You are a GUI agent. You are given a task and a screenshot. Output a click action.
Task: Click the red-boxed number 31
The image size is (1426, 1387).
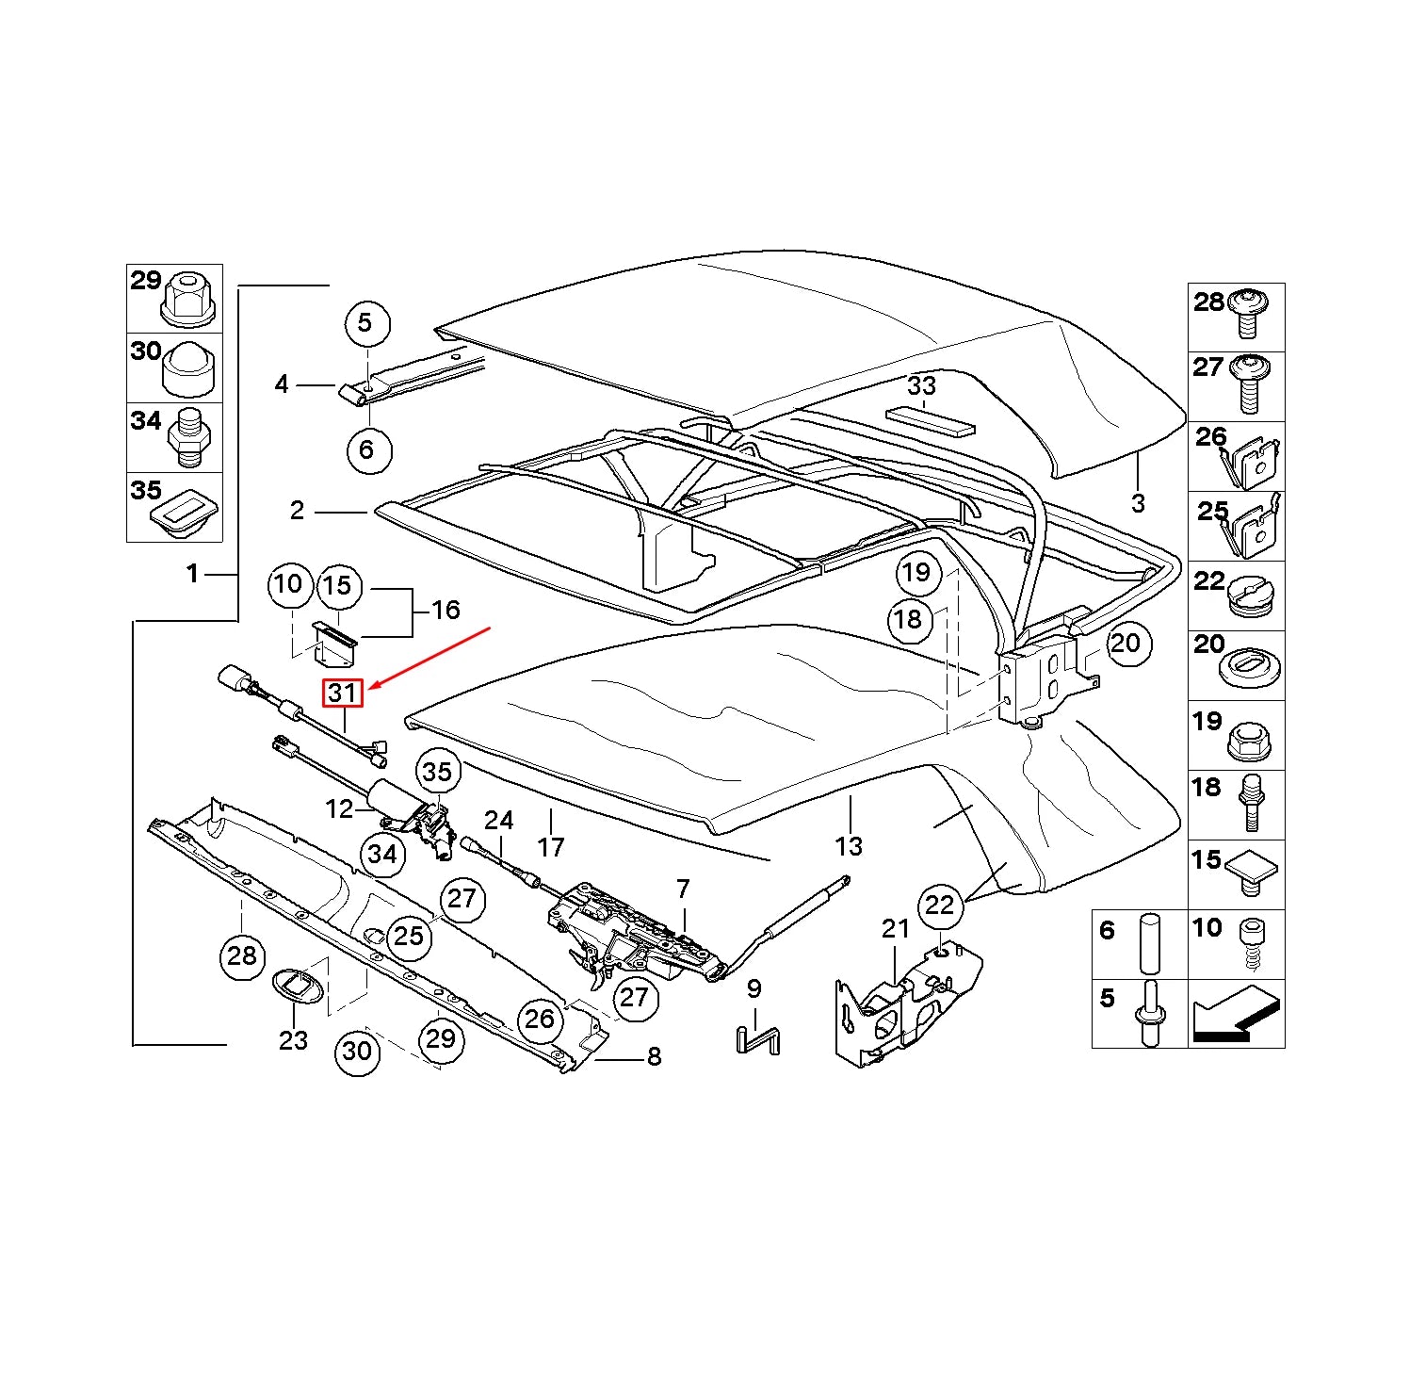point(342,693)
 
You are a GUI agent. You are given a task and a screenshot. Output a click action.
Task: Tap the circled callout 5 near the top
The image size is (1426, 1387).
point(365,323)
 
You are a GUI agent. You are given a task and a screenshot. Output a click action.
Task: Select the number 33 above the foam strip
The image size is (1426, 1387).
point(921,385)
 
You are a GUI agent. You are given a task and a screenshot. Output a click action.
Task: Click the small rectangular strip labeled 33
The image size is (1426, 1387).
point(930,420)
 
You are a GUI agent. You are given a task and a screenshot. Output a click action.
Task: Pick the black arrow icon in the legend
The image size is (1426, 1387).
point(1236,1016)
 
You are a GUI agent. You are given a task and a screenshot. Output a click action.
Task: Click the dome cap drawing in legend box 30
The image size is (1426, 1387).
point(188,370)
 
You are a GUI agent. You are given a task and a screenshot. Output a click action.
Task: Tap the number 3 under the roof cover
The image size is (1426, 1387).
point(1138,503)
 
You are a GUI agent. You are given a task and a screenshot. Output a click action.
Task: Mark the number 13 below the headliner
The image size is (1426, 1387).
point(849,846)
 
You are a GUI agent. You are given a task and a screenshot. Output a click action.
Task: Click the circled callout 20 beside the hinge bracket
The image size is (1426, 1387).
point(1125,644)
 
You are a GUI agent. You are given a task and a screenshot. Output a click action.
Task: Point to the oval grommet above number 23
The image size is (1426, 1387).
point(297,985)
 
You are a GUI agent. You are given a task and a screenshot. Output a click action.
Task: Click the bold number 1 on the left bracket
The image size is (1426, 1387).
point(193,573)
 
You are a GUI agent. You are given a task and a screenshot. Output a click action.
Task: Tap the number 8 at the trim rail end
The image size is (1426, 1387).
point(654,1057)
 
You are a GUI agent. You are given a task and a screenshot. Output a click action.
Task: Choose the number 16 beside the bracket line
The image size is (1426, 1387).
point(445,610)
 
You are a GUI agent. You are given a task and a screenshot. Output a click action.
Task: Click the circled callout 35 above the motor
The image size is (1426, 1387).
point(437,772)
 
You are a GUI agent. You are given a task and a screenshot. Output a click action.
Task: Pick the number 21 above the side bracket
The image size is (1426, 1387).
point(895,929)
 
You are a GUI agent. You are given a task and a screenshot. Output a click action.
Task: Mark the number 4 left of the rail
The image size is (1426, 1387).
point(282,384)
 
